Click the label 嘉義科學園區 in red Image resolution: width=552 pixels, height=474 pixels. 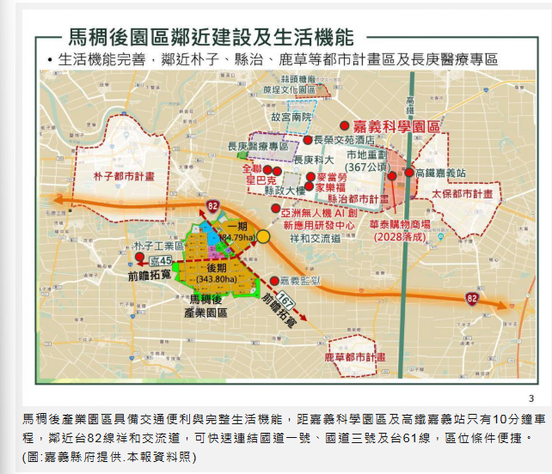[397, 125]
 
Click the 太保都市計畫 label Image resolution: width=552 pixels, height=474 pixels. [464, 194]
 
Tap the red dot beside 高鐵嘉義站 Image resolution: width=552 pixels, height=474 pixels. [408, 173]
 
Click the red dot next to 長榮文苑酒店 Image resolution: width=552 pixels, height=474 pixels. [307, 139]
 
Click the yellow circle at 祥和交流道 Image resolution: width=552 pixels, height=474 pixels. [263, 236]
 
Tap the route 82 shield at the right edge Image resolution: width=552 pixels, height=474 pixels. [472, 298]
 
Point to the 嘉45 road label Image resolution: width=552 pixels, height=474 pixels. [162, 260]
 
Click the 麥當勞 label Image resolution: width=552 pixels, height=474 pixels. [331, 176]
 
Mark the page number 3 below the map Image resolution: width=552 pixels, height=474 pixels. [531, 398]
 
